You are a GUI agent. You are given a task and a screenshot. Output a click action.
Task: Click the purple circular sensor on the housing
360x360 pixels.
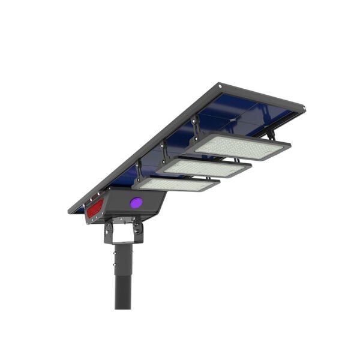[x=136, y=202]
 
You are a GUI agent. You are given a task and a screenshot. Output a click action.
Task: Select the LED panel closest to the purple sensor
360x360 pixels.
[x=175, y=184]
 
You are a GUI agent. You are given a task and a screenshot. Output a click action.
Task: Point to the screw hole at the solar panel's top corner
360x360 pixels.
[x=220, y=85]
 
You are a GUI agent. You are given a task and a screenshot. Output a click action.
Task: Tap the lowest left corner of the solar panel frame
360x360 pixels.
[x=71, y=211]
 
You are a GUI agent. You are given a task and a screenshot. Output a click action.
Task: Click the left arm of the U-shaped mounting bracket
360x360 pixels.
[x=109, y=232]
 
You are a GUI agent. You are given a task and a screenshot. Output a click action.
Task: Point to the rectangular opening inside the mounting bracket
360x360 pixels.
[x=123, y=232]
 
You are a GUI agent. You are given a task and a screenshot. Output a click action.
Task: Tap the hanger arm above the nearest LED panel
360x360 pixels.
[x=139, y=170]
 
